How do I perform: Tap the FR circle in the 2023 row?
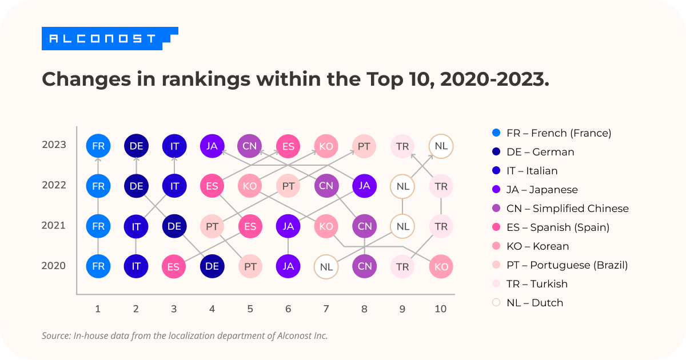point(98,146)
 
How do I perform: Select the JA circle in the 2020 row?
point(288,266)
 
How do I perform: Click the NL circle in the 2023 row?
point(441,146)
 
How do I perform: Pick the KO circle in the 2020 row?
point(441,266)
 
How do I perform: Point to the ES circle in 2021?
point(250,226)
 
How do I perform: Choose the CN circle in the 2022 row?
point(326,186)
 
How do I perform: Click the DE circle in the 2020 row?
point(212,266)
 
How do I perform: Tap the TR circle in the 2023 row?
point(402,146)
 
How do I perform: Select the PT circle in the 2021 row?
point(212,226)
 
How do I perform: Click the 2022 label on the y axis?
point(54,185)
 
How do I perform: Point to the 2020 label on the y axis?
point(54,266)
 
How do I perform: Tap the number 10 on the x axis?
point(440,309)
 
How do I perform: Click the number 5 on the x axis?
point(250,309)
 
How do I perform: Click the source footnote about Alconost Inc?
point(185,335)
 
